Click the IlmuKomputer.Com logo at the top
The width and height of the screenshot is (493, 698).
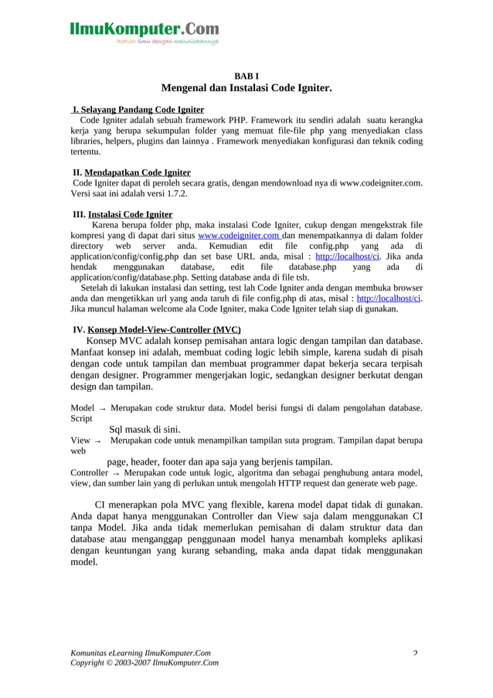[x=144, y=29]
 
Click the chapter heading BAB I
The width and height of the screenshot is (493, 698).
[x=246, y=77]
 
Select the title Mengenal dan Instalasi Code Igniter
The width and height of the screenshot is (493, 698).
[x=246, y=90]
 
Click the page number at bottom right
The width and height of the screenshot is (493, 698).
[x=415, y=653]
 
